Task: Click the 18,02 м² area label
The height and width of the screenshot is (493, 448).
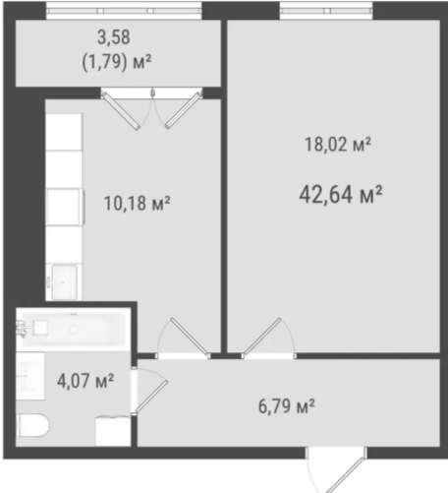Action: [x=338, y=145]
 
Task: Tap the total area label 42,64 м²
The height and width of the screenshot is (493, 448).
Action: [x=341, y=194]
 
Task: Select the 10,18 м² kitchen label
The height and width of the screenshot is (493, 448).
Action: [x=137, y=203]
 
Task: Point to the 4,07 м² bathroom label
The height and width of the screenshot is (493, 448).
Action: [x=85, y=381]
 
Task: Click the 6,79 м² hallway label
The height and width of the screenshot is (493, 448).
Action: [x=287, y=406]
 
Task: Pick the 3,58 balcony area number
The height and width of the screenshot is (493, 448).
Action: [x=114, y=37]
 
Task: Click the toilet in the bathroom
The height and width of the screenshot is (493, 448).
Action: [x=33, y=425]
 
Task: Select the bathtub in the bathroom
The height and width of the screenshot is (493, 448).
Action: [x=71, y=329]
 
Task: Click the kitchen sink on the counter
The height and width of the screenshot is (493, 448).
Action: [x=65, y=282]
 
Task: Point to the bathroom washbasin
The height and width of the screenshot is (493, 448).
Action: [x=30, y=376]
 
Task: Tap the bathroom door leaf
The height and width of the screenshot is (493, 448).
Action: [x=151, y=396]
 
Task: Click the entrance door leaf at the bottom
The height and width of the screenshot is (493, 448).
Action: [x=346, y=475]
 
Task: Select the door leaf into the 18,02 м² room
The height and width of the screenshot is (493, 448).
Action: [x=262, y=337]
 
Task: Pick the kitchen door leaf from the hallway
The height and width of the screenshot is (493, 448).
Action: [x=191, y=337]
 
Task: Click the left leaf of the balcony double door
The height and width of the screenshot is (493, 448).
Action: [x=121, y=111]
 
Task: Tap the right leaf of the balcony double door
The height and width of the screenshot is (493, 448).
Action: [x=183, y=110]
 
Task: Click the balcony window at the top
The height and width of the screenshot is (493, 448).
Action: [x=124, y=11]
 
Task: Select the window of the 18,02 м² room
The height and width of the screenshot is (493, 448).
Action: [x=326, y=11]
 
